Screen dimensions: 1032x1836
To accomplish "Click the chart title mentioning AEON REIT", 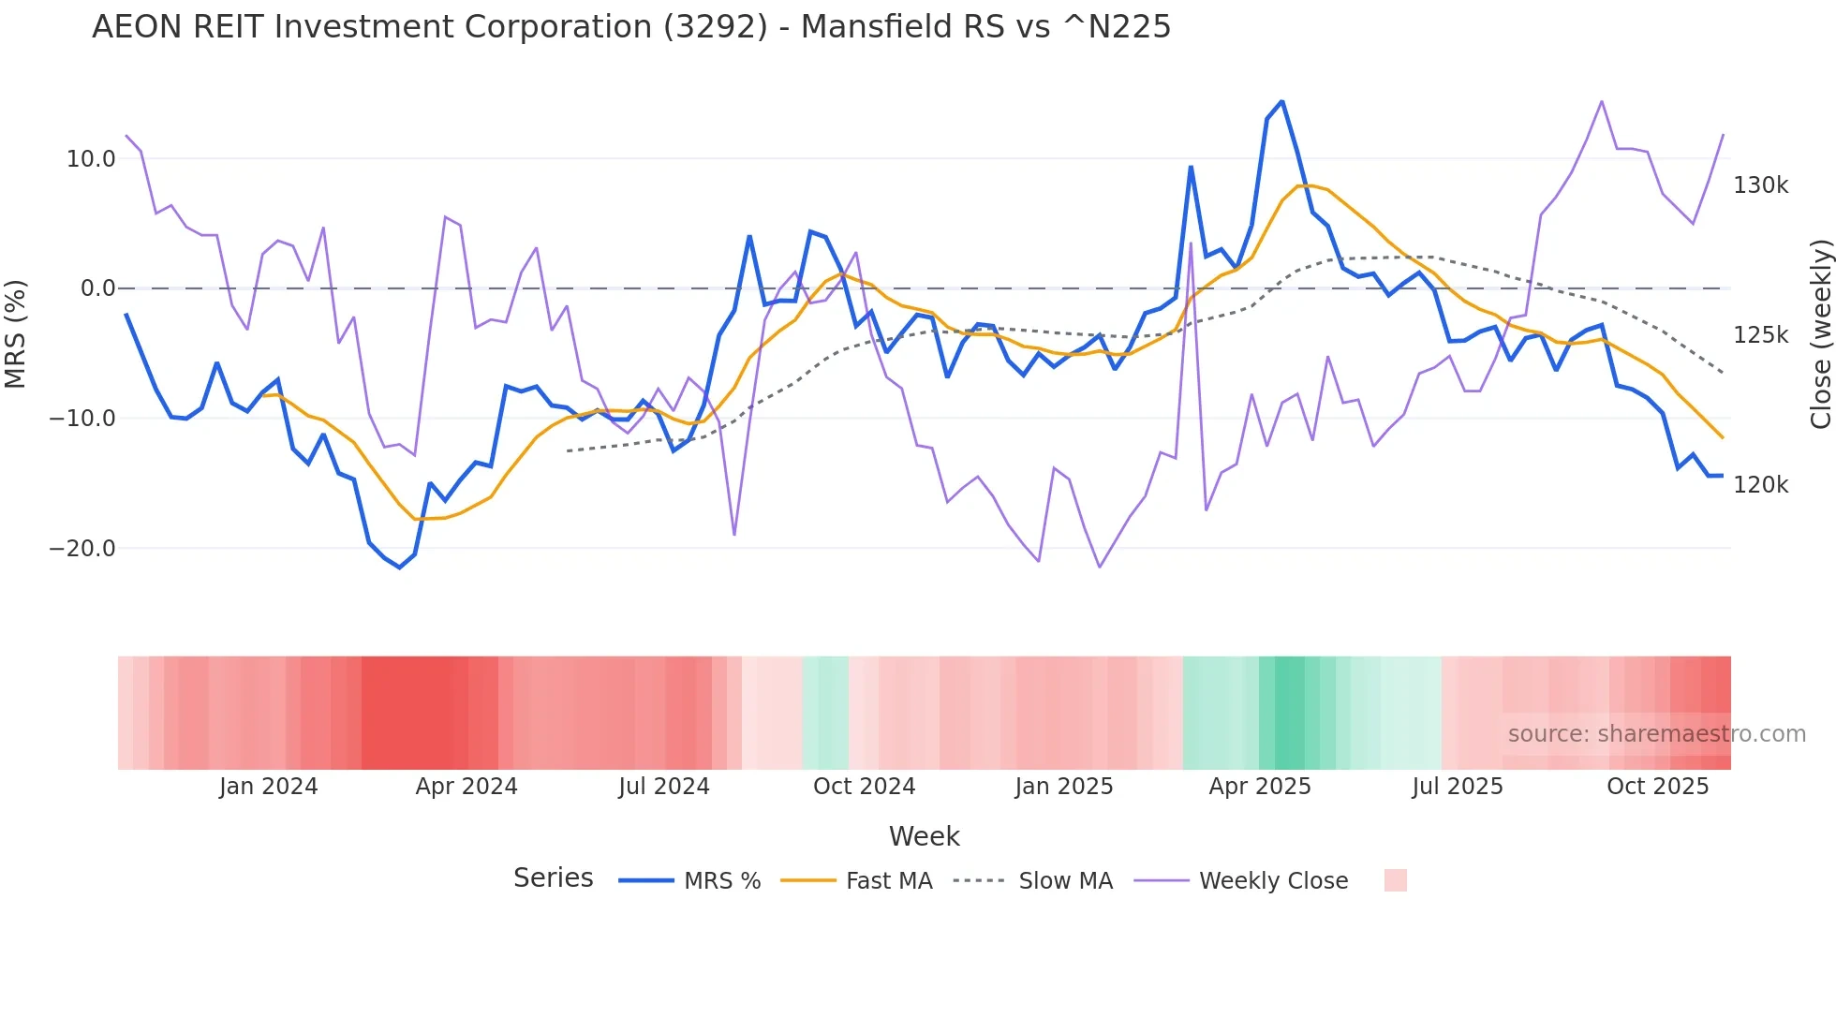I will (630, 27).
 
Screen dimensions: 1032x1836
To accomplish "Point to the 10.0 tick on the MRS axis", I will (91, 159).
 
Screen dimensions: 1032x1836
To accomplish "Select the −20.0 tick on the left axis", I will (82, 549).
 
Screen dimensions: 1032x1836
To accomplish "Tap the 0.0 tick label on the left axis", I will (97, 288).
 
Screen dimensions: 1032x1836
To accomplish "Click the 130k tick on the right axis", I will (1760, 185).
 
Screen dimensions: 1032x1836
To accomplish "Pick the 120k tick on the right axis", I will (1760, 485).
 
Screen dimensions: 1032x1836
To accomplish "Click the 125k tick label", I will (1760, 335).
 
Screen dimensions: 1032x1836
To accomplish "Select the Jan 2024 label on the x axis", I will (268, 787).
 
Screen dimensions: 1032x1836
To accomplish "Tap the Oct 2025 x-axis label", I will (1657, 787).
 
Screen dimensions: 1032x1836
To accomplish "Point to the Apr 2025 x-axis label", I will (1259, 787).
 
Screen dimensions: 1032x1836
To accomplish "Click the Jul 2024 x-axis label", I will (663, 787).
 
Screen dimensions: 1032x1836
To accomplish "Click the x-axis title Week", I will (924, 836).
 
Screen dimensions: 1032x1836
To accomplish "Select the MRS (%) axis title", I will (16, 333).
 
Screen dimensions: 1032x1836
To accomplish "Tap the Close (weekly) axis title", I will (1820, 334).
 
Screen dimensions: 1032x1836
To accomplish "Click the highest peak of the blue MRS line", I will (1281, 101).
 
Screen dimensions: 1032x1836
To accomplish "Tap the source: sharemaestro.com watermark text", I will (1656, 734).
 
